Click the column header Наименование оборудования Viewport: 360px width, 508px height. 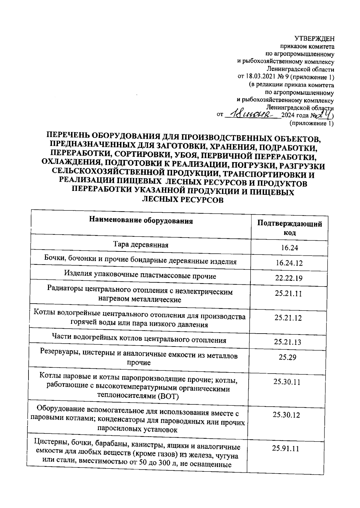[x=141, y=221]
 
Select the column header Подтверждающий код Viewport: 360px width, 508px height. [x=289, y=228]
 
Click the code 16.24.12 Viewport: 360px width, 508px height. [x=289, y=263]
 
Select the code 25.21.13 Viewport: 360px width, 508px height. [x=287, y=342]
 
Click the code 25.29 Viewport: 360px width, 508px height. [x=287, y=357]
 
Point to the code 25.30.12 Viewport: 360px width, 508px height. [x=286, y=415]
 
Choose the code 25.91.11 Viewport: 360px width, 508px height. [x=285, y=448]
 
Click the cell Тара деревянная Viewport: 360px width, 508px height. [x=141, y=245]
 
